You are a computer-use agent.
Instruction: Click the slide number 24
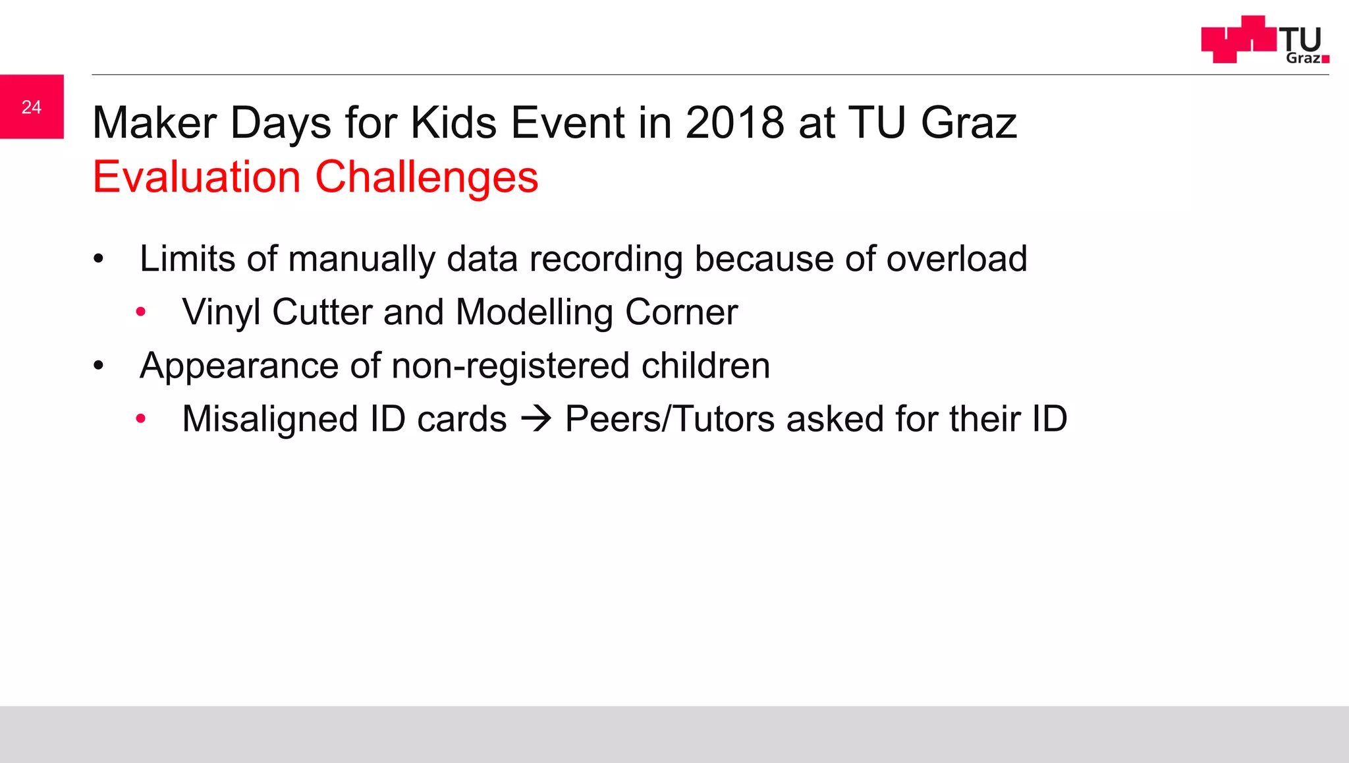tap(32, 107)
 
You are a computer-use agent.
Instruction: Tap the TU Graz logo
tap(1265, 40)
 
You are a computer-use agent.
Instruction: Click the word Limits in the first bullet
tap(187, 258)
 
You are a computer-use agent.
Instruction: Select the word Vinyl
tap(221, 312)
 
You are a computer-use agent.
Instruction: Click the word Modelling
tap(534, 312)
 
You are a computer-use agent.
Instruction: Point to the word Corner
tap(681, 312)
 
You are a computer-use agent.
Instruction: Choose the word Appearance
tap(240, 366)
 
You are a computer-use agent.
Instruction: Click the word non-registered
tap(510, 366)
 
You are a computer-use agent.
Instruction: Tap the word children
tap(705, 366)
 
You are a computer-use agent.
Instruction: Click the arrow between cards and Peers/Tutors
tap(536, 419)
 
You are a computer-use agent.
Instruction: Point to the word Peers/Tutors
tap(669, 419)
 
